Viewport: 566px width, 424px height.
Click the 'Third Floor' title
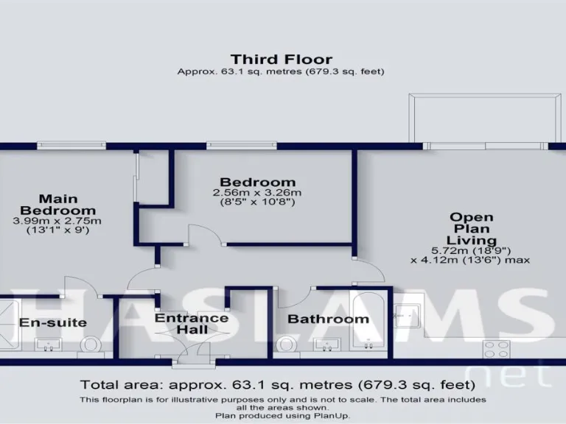coord(281,59)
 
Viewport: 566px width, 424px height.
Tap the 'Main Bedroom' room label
coord(57,204)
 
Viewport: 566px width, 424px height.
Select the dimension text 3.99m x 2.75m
coord(57,221)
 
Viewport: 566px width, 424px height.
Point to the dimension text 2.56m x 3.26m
coord(258,193)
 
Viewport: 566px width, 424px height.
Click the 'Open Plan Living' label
coord(472,228)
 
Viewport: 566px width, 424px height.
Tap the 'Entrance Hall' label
coord(192,324)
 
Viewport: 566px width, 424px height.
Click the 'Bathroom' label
coord(328,319)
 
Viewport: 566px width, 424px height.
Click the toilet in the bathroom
coord(286,344)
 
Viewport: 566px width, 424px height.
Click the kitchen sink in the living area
coord(408,314)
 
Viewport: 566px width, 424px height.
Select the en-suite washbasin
coord(50,344)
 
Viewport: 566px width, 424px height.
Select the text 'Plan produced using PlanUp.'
coord(283,416)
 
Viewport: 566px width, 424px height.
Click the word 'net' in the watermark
coord(511,375)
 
